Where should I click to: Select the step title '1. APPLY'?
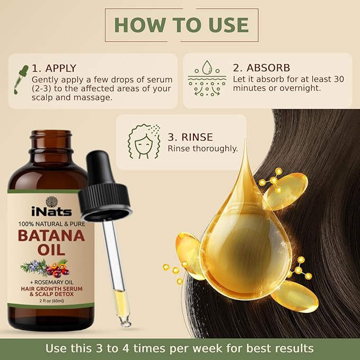pyautogui.click(x=54, y=68)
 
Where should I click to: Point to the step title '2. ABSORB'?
pyautogui.click(x=261, y=68)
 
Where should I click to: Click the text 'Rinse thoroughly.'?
pyautogui.click(x=203, y=148)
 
